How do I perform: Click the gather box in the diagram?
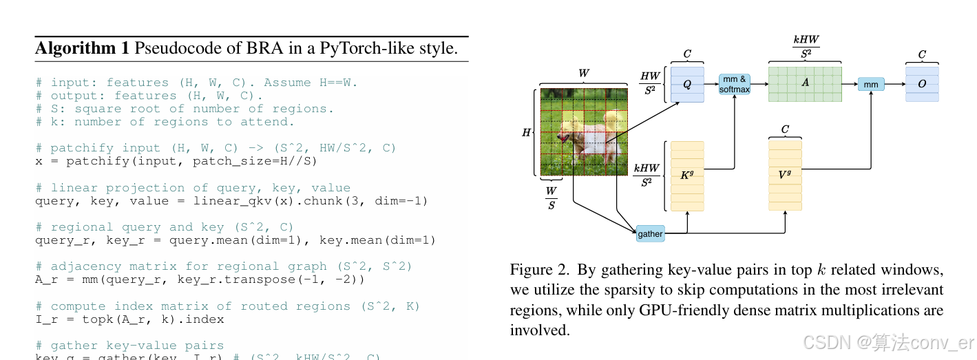point(650,234)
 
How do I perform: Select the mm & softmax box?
point(734,84)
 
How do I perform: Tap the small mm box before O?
point(870,84)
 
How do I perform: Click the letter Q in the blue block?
point(686,84)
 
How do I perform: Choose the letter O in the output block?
point(922,84)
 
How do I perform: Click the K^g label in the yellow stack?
point(686,175)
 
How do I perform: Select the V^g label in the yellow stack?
point(785,175)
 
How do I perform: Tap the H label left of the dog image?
point(526,132)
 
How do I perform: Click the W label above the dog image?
point(584,72)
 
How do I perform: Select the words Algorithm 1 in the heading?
point(82,48)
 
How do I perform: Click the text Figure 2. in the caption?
point(540,269)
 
